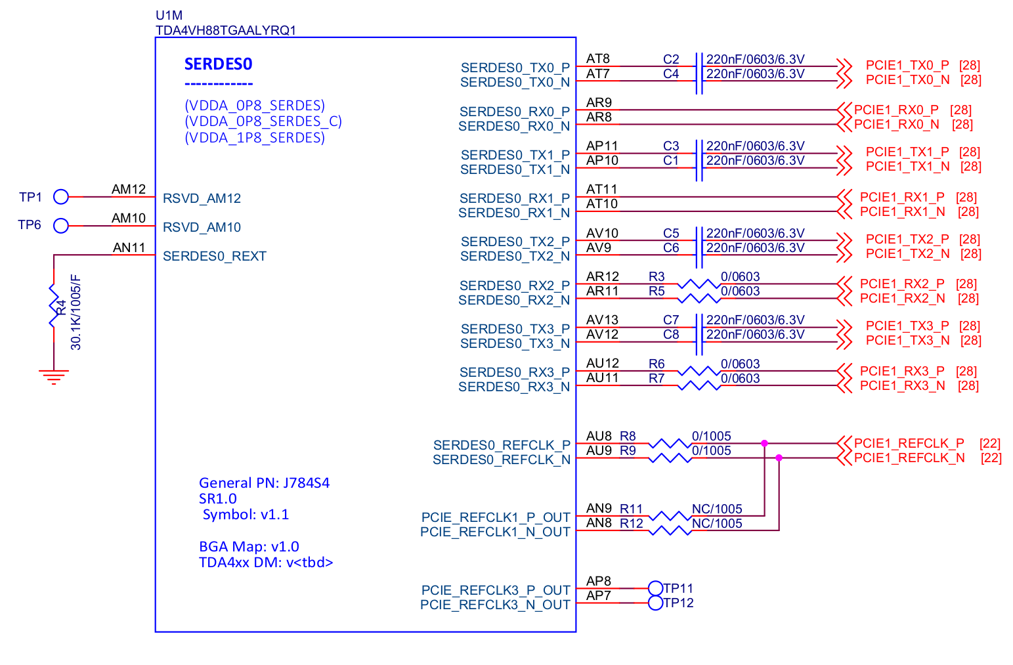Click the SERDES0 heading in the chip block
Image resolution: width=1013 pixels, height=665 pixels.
tap(218, 64)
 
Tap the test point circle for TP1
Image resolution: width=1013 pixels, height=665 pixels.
tap(61, 196)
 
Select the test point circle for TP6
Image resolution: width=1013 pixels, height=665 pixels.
tap(61, 225)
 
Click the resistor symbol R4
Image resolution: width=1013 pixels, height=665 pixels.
tap(54, 306)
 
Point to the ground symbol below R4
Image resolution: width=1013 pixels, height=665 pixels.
tap(54, 376)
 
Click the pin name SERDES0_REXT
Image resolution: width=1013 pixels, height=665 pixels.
tap(214, 256)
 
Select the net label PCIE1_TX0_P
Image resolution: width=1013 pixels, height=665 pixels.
tap(907, 65)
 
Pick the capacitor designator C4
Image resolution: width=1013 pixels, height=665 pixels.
tap(670, 74)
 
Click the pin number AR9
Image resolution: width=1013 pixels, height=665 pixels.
tap(599, 102)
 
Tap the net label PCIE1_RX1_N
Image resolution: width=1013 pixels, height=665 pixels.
tap(902, 211)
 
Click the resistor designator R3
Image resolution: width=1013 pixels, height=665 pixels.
tap(657, 276)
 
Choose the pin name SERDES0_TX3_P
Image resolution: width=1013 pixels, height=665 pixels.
tap(515, 329)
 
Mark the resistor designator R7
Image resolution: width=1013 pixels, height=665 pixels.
tap(657, 378)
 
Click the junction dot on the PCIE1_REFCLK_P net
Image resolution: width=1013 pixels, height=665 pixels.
tap(764, 444)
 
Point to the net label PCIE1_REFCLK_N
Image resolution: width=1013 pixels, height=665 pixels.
tap(909, 458)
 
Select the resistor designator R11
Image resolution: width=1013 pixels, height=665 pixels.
tap(631, 509)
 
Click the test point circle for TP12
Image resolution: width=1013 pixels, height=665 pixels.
tap(655, 603)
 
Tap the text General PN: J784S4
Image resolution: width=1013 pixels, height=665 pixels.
tap(264, 483)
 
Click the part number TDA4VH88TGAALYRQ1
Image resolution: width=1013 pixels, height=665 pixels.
tap(225, 30)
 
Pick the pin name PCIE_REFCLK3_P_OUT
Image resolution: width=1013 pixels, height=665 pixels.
tap(496, 590)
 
